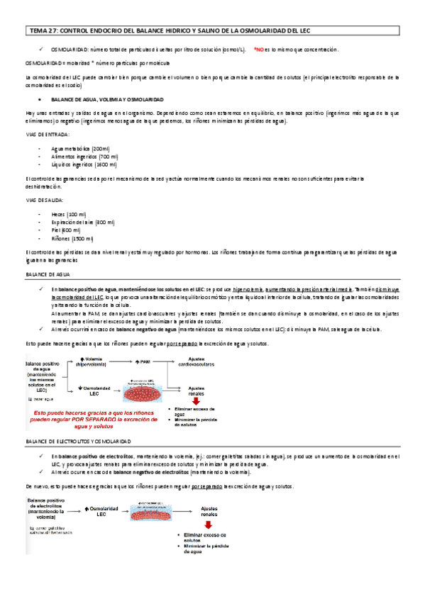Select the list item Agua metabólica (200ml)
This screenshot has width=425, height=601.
coord(80,148)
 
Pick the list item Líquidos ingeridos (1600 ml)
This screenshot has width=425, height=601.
coord(84,164)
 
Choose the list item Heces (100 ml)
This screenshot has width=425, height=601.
coord(69,214)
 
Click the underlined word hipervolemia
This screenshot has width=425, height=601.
coord(232,290)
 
